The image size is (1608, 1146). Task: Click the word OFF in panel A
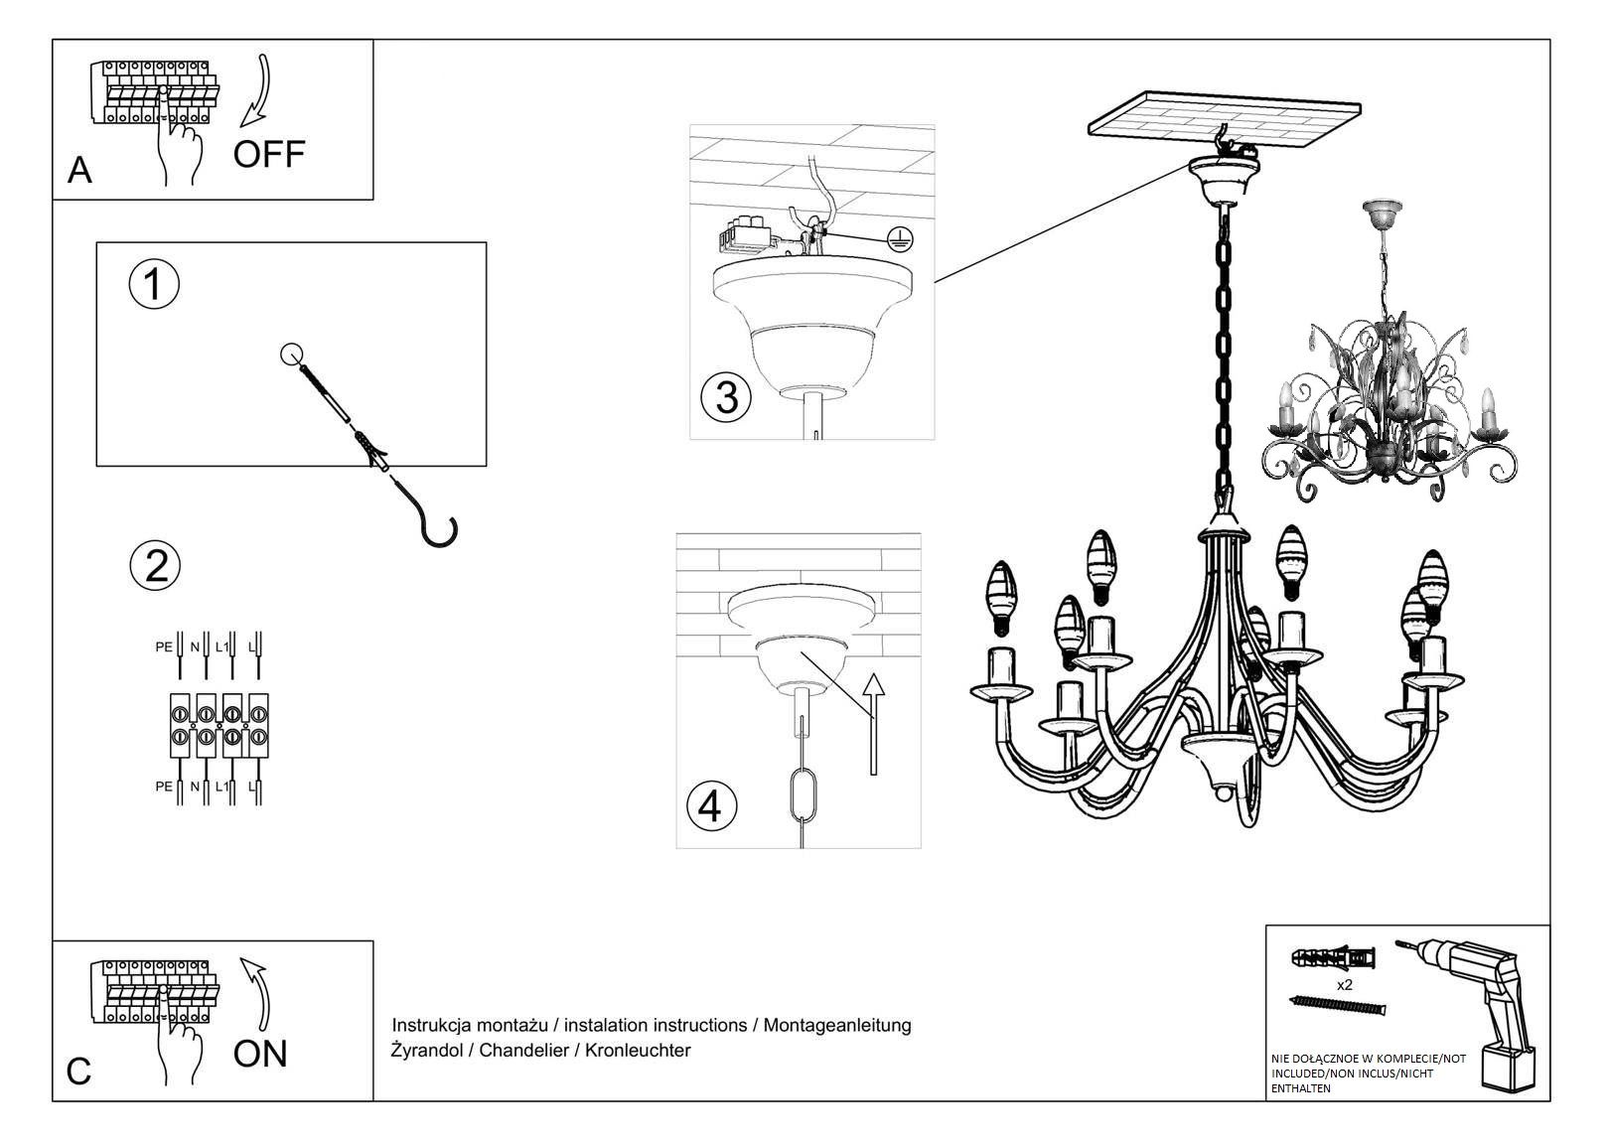tap(269, 154)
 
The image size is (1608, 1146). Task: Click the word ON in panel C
tap(260, 1054)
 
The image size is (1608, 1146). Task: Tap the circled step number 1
tap(154, 285)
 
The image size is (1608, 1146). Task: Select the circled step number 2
tap(156, 566)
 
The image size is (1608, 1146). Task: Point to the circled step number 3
tap(726, 397)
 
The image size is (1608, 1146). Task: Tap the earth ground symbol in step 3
tap(898, 237)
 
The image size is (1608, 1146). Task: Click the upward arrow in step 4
tap(872, 724)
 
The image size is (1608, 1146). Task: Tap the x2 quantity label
tap(1345, 985)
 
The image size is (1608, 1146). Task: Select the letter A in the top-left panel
tap(79, 171)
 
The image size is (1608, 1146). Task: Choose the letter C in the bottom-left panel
tap(78, 1072)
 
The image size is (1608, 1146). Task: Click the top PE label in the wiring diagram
tap(163, 646)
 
